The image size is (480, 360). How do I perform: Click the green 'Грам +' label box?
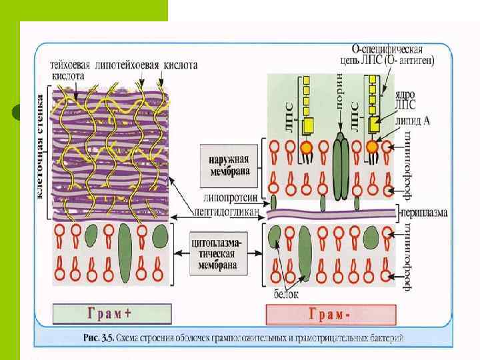click(x=112, y=313)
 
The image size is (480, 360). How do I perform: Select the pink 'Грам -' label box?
click(x=331, y=314)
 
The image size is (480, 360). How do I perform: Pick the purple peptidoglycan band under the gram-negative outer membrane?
click(x=333, y=213)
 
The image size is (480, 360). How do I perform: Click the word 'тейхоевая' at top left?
click(x=73, y=65)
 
